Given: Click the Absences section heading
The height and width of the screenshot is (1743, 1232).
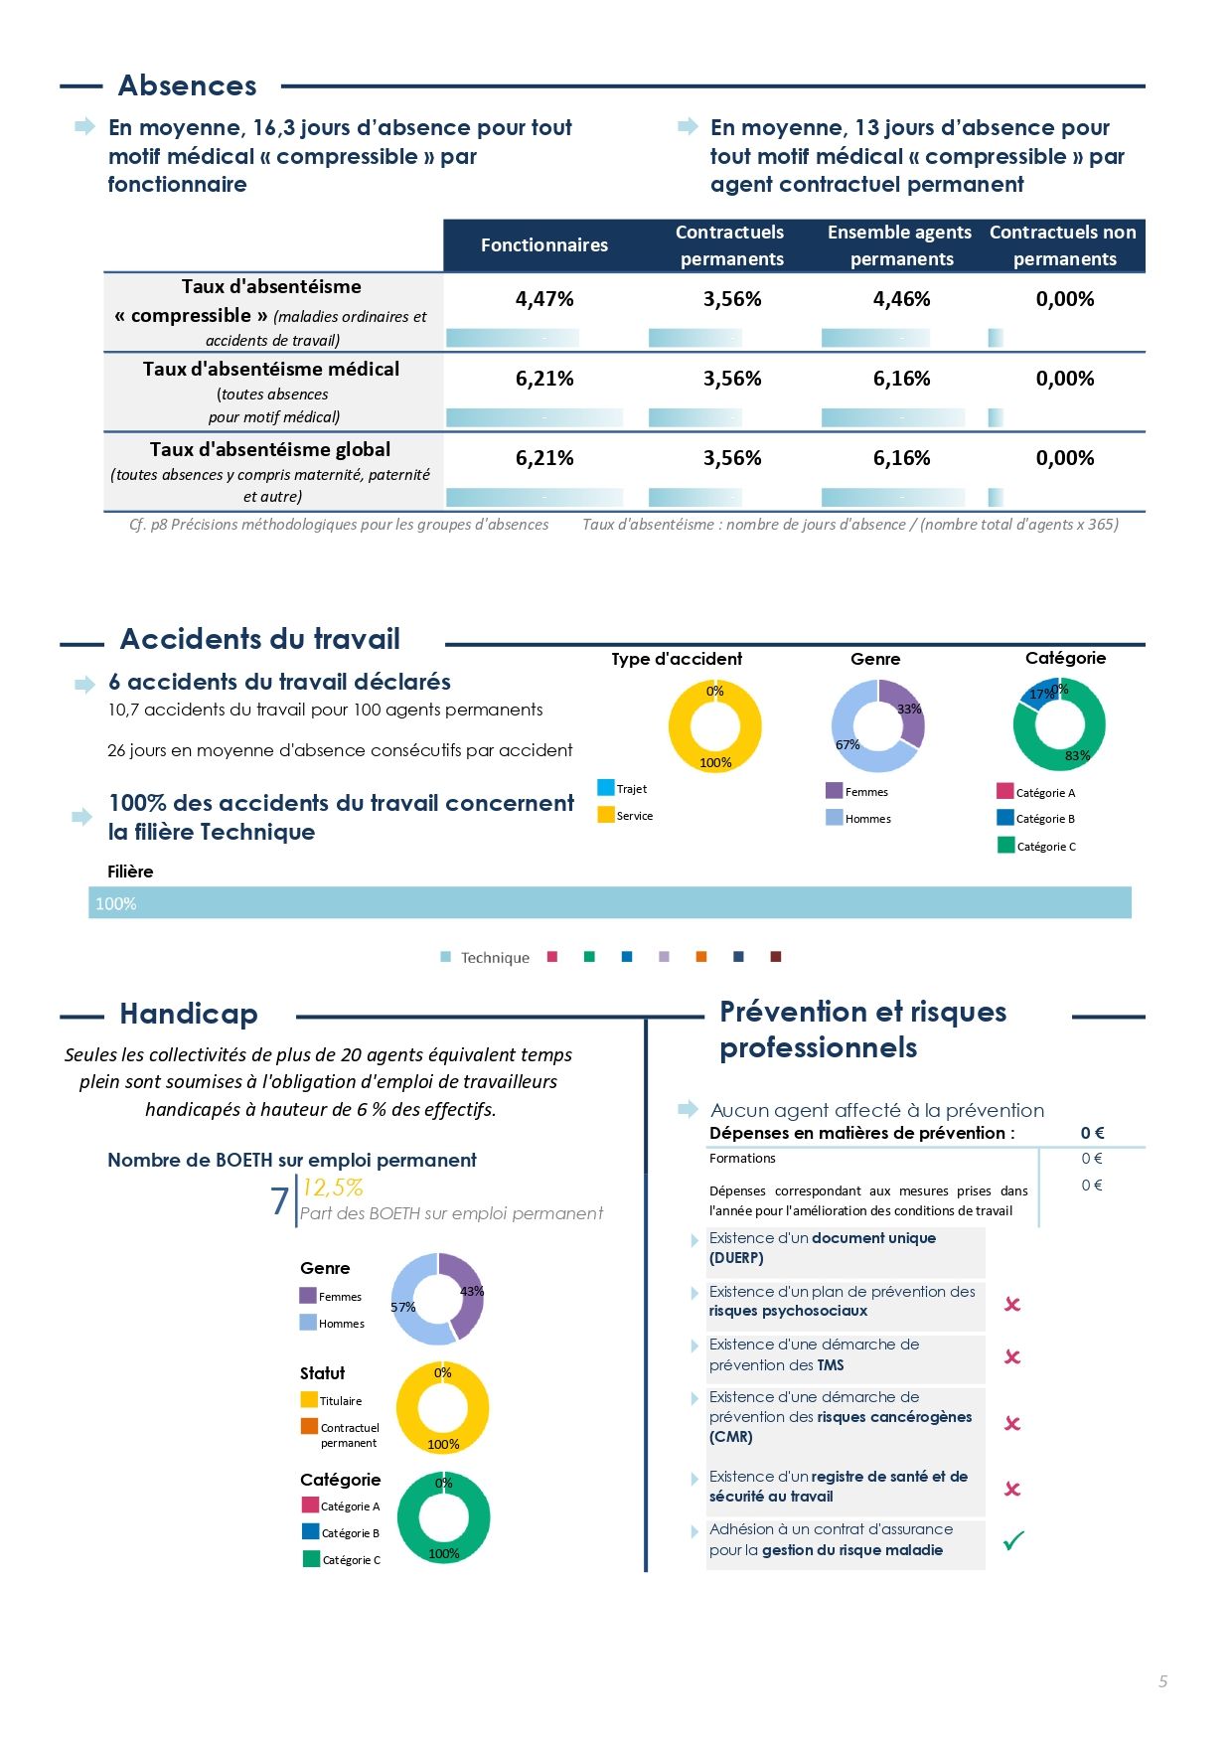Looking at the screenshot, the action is point(188,85).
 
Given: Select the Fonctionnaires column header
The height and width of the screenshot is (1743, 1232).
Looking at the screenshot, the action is point(544,245).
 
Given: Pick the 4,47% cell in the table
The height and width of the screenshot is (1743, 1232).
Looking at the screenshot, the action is point(544,299).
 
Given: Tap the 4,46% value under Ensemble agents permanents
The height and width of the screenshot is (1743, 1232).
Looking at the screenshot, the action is point(902,299).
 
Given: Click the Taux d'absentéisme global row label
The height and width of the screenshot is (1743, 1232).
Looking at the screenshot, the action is point(270,449).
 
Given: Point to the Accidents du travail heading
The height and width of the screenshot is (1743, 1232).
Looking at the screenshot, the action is point(260,639).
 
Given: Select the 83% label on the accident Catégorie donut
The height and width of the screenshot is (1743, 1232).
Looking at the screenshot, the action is point(1077,755).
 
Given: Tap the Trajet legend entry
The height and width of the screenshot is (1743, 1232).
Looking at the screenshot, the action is point(622,788).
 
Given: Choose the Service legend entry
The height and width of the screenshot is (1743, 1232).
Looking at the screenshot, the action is point(626,815).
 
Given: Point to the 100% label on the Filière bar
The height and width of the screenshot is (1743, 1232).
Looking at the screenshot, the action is point(116,904).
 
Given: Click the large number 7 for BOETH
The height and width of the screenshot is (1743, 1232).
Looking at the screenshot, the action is point(280,1200).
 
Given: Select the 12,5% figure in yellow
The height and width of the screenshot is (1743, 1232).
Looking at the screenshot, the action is point(333,1188).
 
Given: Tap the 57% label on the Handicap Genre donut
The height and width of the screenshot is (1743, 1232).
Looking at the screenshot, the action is point(403,1307).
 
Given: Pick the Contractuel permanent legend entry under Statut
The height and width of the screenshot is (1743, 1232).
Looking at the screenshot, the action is point(340,1434).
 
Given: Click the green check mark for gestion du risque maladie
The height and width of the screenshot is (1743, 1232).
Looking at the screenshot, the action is point(1013,1540).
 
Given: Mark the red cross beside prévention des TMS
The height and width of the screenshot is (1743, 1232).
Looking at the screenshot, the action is point(1012,1356).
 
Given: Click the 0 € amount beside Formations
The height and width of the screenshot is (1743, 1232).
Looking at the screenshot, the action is point(1092,1158).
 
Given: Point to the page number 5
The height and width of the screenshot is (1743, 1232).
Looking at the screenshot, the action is point(1162,1681).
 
